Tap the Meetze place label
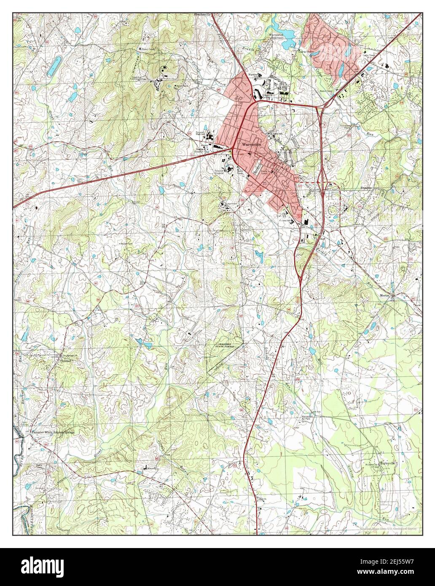[x=386, y=295]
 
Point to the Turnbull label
[x=66, y=361]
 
